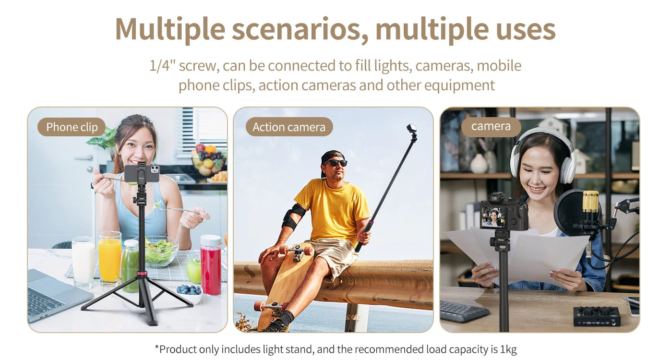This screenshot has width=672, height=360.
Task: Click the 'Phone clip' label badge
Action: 72,127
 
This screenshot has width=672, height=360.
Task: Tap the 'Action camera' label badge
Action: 289,127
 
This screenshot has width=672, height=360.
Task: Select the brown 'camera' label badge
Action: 491,126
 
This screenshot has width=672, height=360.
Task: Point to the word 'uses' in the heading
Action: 525,30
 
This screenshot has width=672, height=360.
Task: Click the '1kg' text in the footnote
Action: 508,349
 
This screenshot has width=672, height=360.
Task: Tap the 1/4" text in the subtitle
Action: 162,65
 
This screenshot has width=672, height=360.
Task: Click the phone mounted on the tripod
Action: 142,174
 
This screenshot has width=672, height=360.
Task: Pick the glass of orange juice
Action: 110,258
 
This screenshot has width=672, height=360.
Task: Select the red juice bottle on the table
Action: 211,264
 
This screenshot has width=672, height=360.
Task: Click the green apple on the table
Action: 194,271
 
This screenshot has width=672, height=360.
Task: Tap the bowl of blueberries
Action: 189,292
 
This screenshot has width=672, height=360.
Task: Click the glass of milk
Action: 83,262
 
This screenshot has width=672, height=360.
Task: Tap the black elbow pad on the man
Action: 293,216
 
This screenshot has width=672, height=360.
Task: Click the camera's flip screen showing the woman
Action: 493,217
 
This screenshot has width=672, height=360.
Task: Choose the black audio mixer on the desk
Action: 596,316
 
